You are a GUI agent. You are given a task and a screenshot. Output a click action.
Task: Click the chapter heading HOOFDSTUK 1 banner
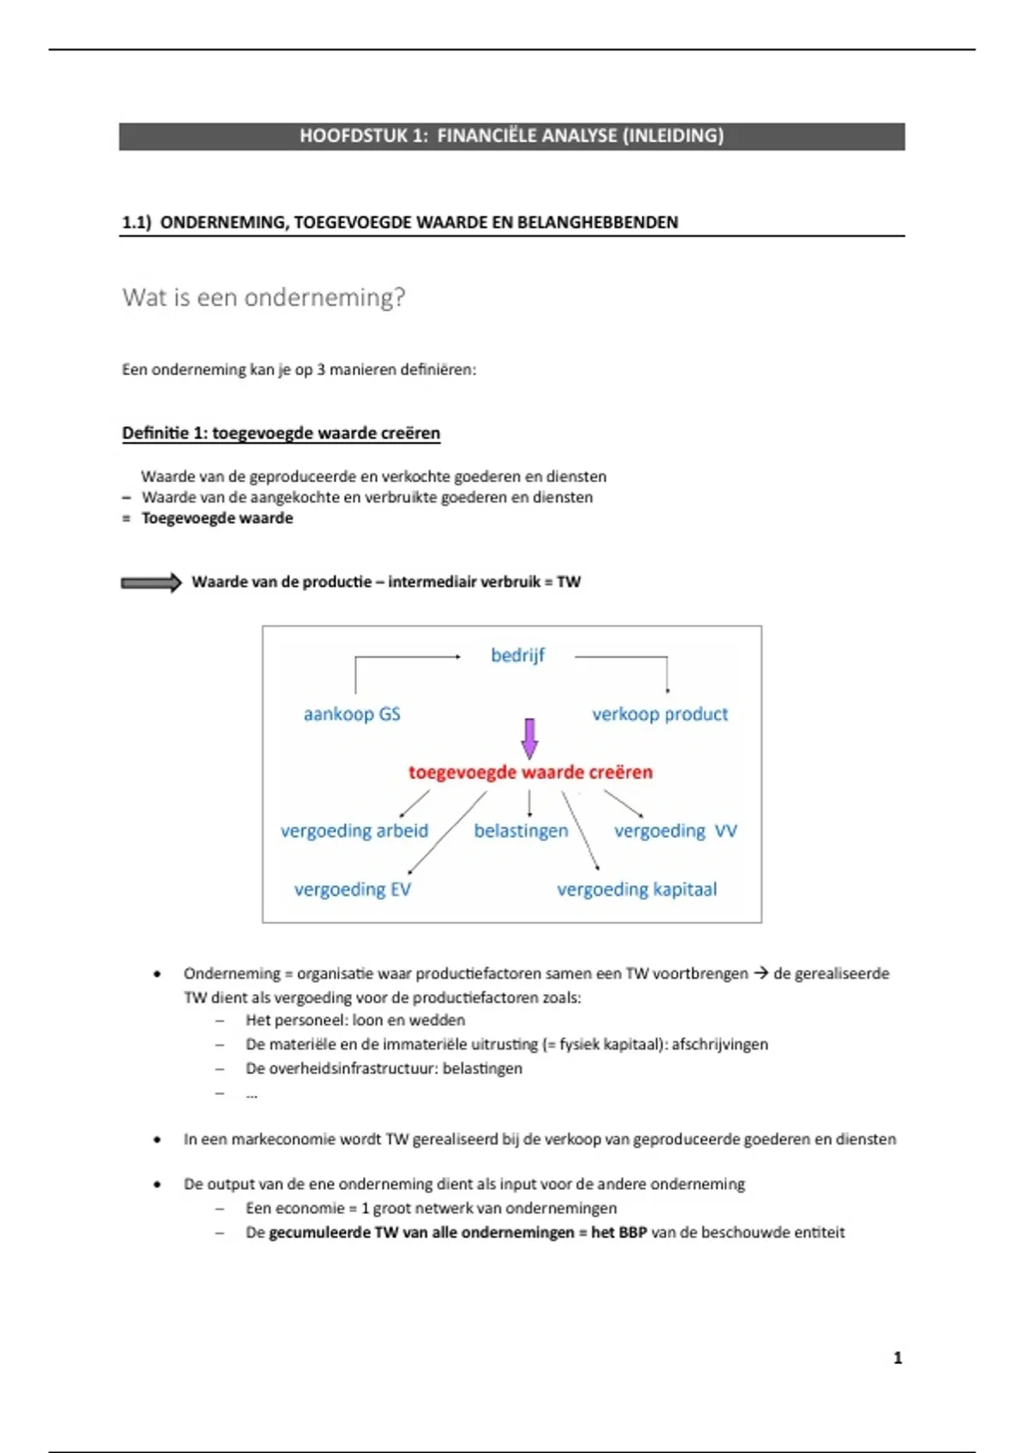pos(512,136)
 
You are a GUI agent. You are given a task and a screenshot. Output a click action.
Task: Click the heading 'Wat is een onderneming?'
pos(264,297)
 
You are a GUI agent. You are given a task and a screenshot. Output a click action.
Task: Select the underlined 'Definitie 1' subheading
pos(281,433)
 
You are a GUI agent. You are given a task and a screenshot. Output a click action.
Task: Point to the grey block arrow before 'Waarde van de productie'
pos(151,583)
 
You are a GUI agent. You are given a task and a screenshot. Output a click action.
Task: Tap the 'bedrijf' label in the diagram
pos(518,656)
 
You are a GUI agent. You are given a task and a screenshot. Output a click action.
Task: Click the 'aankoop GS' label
pos(352,715)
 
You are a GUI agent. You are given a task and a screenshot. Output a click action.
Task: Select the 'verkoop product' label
pos(659,715)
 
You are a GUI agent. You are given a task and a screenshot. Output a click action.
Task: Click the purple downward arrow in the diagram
pos(530,738)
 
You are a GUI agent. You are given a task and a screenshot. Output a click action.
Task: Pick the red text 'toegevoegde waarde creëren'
pos(530,773)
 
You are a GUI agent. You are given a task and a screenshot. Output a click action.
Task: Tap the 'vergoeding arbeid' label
pos(354,831)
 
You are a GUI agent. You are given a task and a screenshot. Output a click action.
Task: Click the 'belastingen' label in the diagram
pos(521,831)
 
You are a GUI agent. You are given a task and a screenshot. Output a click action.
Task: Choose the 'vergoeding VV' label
pos(675,831)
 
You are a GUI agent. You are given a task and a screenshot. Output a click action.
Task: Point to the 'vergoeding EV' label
pos(353,890)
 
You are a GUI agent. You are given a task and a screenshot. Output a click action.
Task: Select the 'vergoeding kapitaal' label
pos(637,890)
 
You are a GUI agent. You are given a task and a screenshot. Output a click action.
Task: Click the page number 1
pos(898,1358)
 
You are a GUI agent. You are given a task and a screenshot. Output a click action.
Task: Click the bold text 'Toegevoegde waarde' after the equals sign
pos(217,519)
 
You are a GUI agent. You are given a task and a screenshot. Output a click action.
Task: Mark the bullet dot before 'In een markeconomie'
pos(157,1139)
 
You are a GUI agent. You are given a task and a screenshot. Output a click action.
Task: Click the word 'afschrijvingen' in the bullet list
pos(720,1044)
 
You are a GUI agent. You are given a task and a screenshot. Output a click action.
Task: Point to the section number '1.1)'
pos(137,223)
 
